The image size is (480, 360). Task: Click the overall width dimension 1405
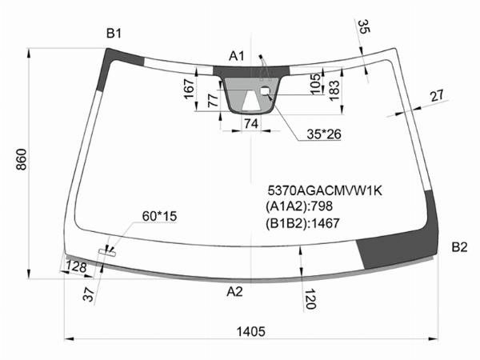pyautogui.click(x=250, y=331)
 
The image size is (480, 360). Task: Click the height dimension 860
pyautogui.click(x=22, y=159)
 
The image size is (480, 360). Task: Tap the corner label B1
pyautogui.click(x=114, y=33)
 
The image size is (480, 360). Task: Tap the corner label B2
pyautogui.click(x=459, y=247)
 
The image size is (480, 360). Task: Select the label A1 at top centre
pyautogui.click(x=237, y=56)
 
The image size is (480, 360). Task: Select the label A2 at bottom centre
pyautogui.click(x=234, y=292)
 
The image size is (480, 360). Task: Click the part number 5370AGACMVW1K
pyautogui.click(x=325, y=190)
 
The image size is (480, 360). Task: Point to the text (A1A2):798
pyautogui.click(x=299, y=206)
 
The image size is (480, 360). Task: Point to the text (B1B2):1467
pyautogui.click(x=302, y=223)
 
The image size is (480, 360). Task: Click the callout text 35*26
pyautogui.click(x=324, y=134)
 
